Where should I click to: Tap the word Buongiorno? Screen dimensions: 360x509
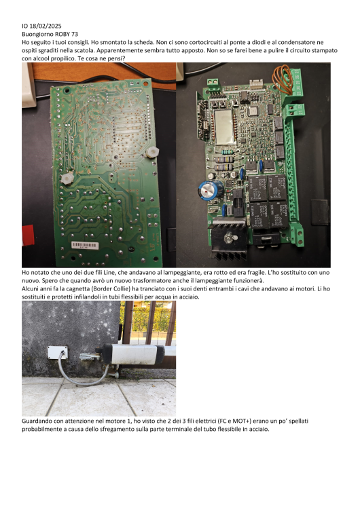[37, 35]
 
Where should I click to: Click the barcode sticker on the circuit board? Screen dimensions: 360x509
[85, 245]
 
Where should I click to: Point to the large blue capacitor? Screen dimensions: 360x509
[211, 189]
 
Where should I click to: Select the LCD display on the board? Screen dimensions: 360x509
[225, 127]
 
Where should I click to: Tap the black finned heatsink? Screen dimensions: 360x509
[229, 239]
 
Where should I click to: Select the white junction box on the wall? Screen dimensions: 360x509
[58, 352]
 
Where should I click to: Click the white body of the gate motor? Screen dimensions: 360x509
[134, 354]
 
